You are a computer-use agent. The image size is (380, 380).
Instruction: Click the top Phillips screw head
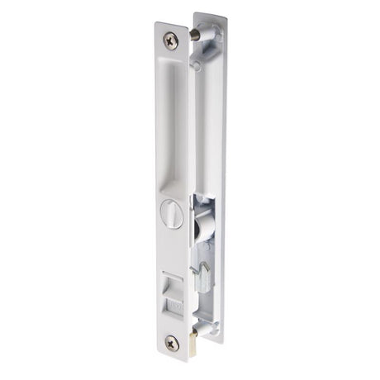click(172, 38)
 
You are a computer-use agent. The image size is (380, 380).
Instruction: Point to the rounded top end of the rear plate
click(209, 16)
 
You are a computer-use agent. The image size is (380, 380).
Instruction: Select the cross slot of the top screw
click(172, 38)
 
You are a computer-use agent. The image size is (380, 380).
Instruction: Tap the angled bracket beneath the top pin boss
click(204, 51)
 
